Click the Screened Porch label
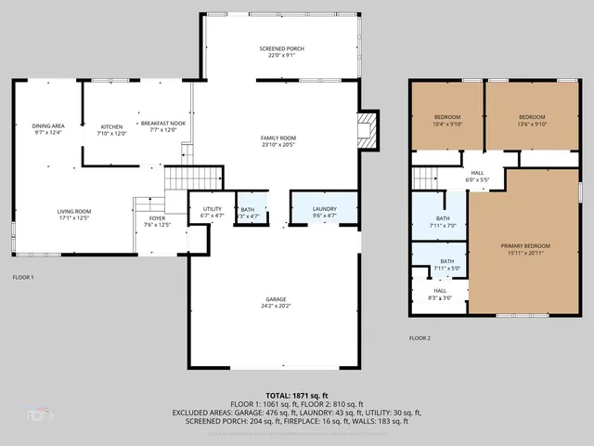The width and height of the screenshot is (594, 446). (281, 52)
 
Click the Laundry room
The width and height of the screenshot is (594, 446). (324, 211)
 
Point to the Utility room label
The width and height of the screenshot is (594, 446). (213, 211)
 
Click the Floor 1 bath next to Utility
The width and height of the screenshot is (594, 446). (249, 212)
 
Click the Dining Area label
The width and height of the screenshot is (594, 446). (48, 128)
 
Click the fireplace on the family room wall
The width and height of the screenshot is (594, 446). (369, 129)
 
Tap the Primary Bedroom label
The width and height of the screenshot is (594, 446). (525, 249)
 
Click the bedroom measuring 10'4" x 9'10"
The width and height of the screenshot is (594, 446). (447, 120)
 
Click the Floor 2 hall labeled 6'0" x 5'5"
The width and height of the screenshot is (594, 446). (477, 176)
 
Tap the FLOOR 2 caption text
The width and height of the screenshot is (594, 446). (420, 338)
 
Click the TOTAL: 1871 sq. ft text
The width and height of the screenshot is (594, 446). (296, 395)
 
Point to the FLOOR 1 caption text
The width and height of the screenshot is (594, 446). (23, 278)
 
